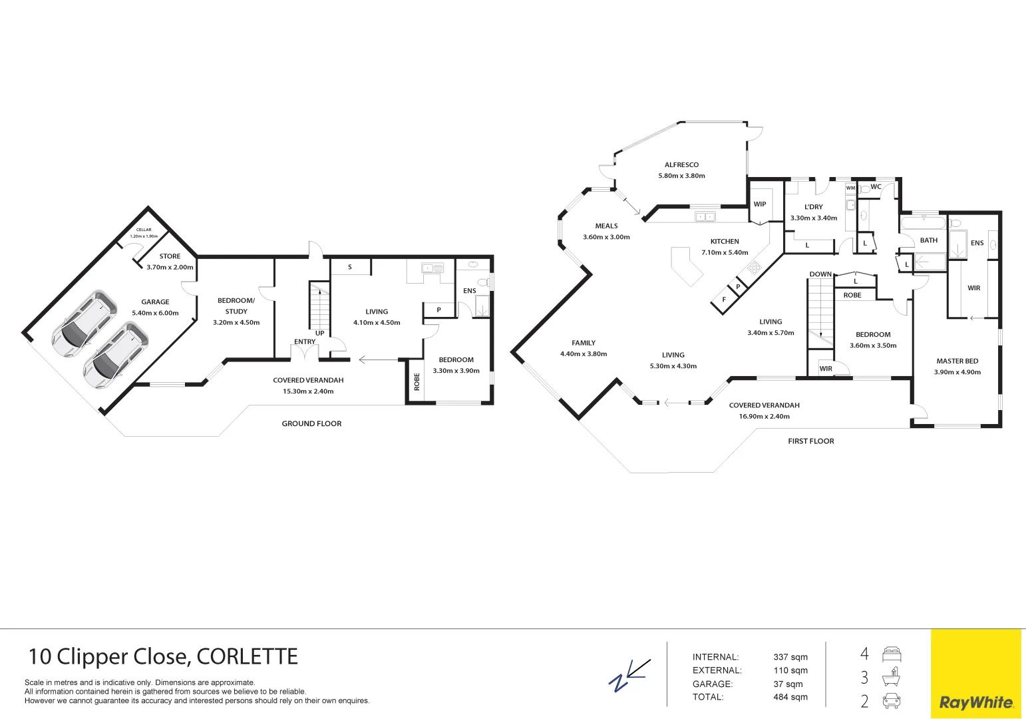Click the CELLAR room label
point(144,230)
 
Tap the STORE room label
point(170,256)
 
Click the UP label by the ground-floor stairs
point(320,333)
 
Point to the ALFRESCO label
point(681,165)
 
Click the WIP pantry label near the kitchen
point(760,204)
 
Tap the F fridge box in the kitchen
point(724,300)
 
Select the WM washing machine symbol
point(850,188)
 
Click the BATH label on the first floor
point(929,240)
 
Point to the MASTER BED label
point(957,361)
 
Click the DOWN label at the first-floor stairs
point(820,274)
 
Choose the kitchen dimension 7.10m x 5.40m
point(725,253)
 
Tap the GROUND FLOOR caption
point(311,423)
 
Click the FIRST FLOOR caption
point(810,441)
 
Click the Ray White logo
point(975,702)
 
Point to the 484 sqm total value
point(790,697)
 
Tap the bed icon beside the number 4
point(891,654)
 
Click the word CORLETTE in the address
point(247,657)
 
